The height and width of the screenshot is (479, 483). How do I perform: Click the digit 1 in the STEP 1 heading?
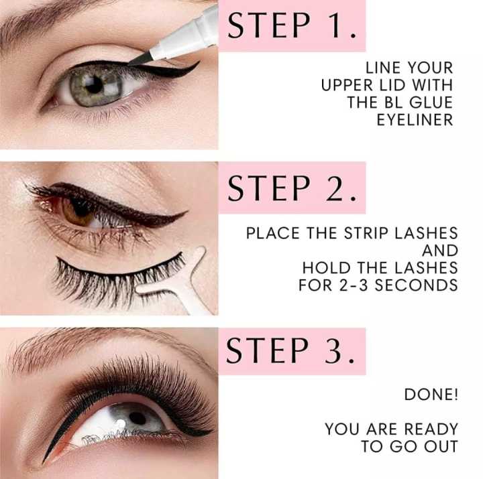pyautogui.click(x=334, y=25)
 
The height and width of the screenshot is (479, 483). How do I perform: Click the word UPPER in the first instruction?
pyautogui.click(x=347, y=85)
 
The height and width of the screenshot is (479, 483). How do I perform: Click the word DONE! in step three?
pyautogui.click(x=431, y=395)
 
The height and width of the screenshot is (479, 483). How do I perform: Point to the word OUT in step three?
pyautogui.click(x=441, y=446)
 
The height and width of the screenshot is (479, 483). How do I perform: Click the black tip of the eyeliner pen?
pyautogui.click(x=140, y=59)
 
